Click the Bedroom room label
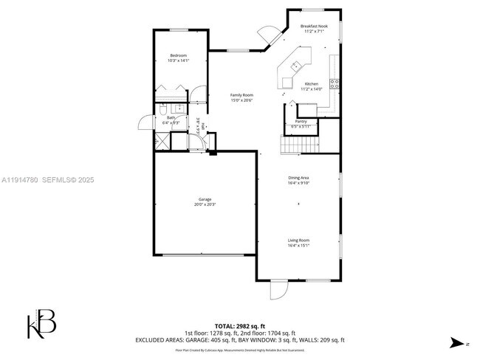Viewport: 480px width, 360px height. [178, 56]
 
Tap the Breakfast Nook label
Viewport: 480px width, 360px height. [314, 26]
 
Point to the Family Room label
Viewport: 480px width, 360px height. [241, 95]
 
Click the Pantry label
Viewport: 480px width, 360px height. [301, 121]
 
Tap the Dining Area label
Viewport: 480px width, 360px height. [298, 178]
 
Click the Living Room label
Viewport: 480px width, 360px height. [298, 240]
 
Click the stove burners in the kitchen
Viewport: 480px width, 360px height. [335, 83]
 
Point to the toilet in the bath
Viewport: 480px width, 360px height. [164, 110]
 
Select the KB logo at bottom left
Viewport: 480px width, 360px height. [41, 323]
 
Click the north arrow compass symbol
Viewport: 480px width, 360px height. [459, 342]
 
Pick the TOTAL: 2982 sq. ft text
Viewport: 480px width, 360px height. [239, 325]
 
